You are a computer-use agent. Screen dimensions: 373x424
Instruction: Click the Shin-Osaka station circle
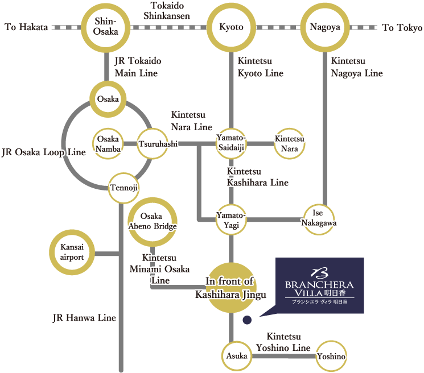pos(106,27)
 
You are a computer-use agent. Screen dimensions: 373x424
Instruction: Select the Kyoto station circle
pos(231,27)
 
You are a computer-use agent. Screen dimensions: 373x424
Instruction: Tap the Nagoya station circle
pos(325,27)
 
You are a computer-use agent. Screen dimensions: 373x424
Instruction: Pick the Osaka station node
pos(108,100)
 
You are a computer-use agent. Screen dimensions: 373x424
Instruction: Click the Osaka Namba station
pos(108,144)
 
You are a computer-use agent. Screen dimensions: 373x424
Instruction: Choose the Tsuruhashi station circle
pos(153,144)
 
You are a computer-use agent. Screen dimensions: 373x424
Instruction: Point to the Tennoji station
pos(124,188)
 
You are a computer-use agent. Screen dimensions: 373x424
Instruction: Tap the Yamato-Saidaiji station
pos(231,144)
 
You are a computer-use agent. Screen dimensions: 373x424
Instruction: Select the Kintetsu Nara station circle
pos(290,144)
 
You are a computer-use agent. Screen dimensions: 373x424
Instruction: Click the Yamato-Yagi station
pos(231,219)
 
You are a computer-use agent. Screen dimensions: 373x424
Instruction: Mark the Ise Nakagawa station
pos(319,219)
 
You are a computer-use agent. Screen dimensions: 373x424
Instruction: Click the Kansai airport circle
pos(72,252)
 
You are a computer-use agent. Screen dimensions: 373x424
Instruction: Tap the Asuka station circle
pos(236,355)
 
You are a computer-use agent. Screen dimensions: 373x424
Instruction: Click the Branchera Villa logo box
pos(319,285)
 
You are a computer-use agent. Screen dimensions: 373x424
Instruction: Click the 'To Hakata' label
pos(26,27)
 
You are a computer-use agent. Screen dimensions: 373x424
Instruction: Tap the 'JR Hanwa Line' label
pos(84,318)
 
